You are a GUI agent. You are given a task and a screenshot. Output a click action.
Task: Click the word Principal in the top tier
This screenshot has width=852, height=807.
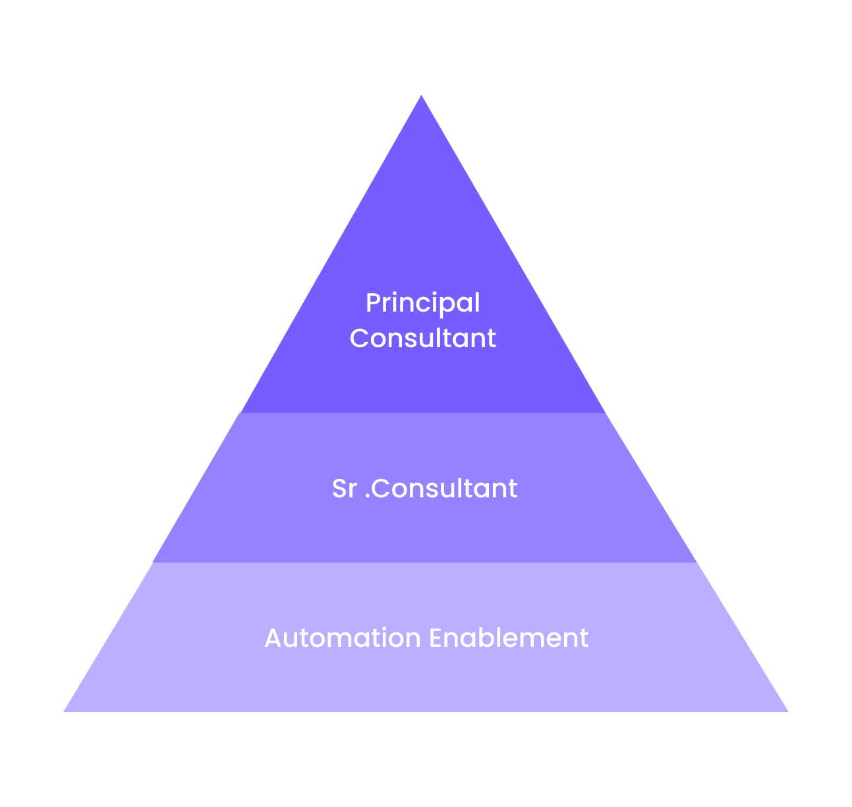tap(423, 304)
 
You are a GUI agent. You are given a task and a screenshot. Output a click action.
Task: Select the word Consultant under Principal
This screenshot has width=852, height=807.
tap(423, 338)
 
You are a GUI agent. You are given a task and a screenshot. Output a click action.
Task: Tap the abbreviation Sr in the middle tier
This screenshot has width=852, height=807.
tap(345, 488)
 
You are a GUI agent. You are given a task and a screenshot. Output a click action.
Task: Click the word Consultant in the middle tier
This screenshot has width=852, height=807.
tap(444, 488)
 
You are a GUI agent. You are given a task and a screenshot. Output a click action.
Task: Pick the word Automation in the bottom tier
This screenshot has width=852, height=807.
tap(343, 638)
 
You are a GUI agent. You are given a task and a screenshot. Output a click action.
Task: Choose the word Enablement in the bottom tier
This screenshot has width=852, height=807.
tap(509, 638)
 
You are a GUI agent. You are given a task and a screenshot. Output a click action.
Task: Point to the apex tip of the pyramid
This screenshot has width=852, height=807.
tap(421, 95)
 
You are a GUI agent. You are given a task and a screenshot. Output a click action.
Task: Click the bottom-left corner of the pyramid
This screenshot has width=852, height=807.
tap(64, 711)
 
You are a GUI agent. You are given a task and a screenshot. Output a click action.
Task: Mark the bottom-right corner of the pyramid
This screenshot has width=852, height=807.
tap(788, 711)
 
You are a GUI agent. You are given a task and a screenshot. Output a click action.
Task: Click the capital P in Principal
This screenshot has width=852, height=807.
tap(374, 302)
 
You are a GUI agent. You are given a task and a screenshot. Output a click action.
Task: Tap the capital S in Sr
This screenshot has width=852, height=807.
tap(339, 488)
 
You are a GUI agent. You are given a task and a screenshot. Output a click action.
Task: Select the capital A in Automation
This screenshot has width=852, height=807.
tap(273, 638)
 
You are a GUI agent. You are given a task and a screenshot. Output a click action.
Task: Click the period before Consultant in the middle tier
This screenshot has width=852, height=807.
tap(368, 496)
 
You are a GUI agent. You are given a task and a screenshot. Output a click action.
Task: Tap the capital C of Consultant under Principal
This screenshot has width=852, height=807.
tap(359, 338)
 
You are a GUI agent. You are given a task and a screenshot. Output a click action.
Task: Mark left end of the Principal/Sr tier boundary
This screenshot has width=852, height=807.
tap(240, 413)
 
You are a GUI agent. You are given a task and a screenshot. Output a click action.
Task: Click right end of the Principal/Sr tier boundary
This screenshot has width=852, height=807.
tap(606, 413)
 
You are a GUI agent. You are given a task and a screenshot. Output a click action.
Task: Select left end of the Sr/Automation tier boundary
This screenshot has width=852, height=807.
tap(153, 563)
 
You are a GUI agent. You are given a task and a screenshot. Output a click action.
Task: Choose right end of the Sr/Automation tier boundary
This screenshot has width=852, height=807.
tap(697, 563)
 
